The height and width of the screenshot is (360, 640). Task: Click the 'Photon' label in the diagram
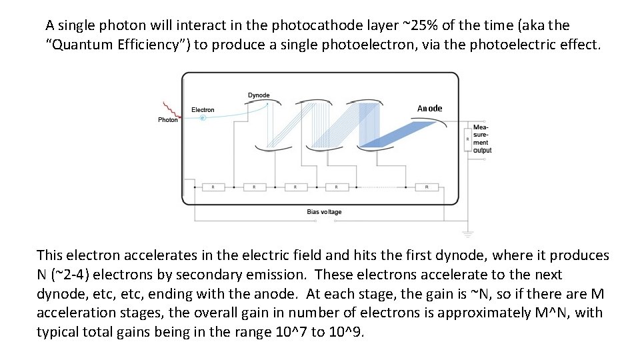[x=168, y=120]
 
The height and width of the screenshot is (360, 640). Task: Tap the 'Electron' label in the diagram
[x=203, y=110]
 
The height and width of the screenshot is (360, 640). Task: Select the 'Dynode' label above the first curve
[x=259, y=95]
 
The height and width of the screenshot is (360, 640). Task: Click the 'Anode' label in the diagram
[x=429, y=109]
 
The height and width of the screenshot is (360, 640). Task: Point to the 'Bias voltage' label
[x=324, y=212]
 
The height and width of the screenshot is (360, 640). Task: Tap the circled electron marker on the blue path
[x=203, y=118]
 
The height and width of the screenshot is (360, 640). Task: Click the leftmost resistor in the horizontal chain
[x=213, y=187]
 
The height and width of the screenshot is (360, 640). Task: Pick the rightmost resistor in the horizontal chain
[x=427, y=187]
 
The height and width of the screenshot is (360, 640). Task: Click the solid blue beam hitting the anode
[x=393, y=133]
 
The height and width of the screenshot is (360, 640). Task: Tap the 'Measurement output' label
[x=482, y=138]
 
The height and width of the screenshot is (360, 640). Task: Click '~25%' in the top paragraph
[x=419, y=26]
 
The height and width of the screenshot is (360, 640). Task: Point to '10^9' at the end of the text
[x=347, y=333]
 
